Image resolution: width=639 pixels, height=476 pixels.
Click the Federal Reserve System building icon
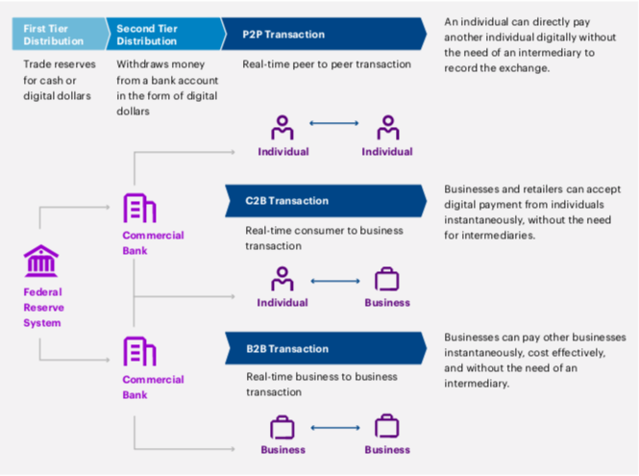click(x=41, y=262)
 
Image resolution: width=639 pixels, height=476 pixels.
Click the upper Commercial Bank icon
click(x=139, y=209)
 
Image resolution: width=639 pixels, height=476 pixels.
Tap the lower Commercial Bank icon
click(x=139, y=353)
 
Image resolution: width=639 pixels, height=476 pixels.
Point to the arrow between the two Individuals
click(x=334, y=125)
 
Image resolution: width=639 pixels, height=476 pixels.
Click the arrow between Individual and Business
click(x=334, y=281)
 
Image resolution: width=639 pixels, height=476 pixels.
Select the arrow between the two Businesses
click(x=334, y=428)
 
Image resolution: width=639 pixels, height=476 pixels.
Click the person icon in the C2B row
click(x=283, y=279)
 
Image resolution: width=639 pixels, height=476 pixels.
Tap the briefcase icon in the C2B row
click(x=386, y=280)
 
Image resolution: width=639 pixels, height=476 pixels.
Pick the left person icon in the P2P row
click(x=283, y=127)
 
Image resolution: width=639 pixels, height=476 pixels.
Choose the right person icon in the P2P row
click(x=387, y=127)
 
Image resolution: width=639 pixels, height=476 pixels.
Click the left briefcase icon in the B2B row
click(x=283, y=427)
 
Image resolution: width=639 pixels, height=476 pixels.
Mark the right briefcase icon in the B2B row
click(x=386, y=427)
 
